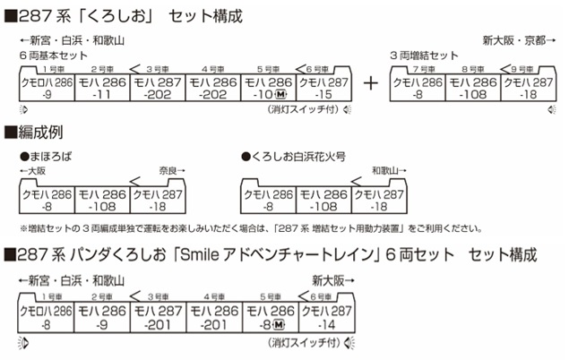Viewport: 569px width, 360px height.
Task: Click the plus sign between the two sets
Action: point(370,84)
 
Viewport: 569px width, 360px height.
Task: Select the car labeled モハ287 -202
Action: point(158,88)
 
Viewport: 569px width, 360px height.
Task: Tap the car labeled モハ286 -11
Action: point(102,88)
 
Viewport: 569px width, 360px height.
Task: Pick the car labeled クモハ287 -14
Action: point(327,317)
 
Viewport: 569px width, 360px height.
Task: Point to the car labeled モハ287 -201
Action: point(159,317)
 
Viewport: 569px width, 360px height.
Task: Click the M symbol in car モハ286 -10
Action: point(280,95)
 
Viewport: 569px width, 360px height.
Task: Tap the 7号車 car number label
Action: point(424,69)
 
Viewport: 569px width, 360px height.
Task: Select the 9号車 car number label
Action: point(522,69)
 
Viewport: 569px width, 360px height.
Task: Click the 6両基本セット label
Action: point(54,56)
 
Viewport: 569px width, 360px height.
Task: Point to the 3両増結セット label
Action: point(424,56)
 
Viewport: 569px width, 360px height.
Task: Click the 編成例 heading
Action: point(40,133)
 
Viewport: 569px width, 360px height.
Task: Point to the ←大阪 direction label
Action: point(33,171)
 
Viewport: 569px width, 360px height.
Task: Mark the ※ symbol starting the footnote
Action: point(23,228)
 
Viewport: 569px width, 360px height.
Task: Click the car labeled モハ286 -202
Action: point(213,88)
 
